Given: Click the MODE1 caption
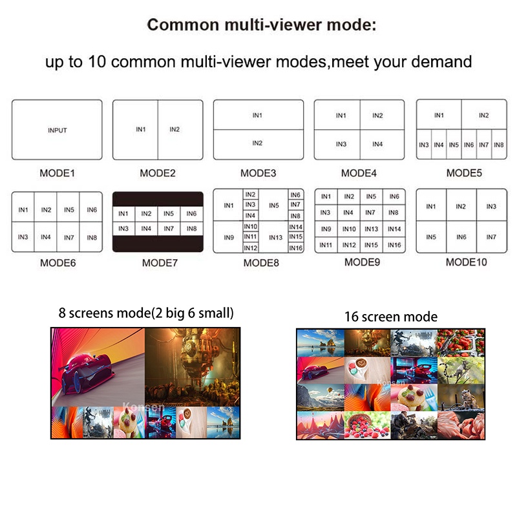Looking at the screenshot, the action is click(x=57, y=173).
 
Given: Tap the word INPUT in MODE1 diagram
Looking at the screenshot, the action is click(x=58, y=131).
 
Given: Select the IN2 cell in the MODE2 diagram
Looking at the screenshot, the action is click(x=180, y=130).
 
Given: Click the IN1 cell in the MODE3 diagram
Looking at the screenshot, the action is click(x=258, y=115).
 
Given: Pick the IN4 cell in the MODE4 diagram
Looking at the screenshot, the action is click(x=382, y=144).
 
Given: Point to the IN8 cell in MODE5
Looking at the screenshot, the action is click(x=499, y=144).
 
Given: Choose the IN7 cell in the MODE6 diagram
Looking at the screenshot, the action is click(x=69, y=237).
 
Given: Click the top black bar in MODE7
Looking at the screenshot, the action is click(x=158, y=199).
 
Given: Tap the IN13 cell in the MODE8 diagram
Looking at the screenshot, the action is click(x=276, y=237).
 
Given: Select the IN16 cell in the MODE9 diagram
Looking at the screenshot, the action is click(x=394, y=245).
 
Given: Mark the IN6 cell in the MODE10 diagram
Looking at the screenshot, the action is click(x=461, y=237).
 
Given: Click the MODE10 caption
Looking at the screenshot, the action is click(x=466, y=262).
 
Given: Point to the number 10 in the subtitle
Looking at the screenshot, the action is click(x=97, y=61).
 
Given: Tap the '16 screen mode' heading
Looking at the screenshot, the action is click(x=391, y=317).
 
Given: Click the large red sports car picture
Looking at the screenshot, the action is click(x=98, y=367).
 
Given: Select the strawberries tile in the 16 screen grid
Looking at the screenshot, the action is click(x=461, y=343).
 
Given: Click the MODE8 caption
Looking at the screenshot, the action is click(x=261, y=263).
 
